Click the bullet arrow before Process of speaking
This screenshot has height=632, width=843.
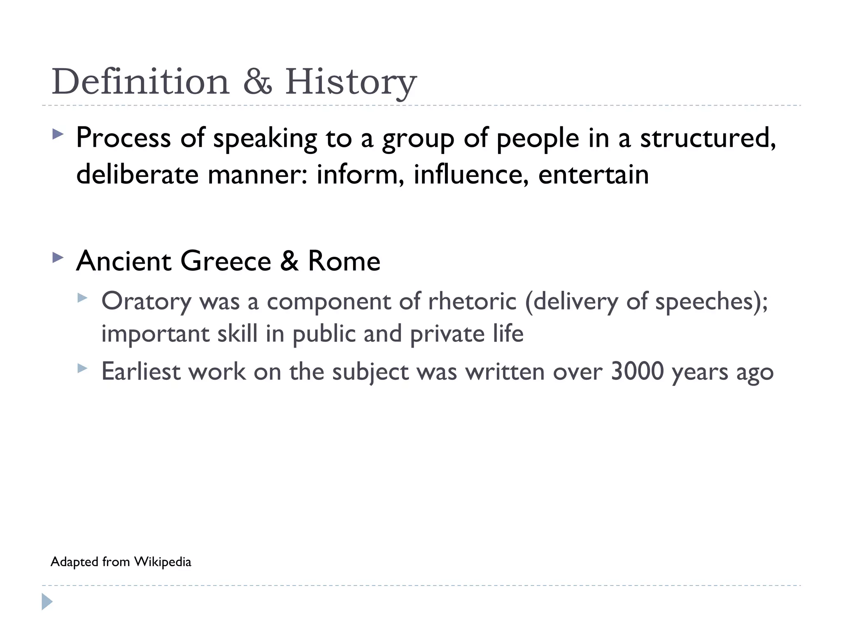tap(58, 134)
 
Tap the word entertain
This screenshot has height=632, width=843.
tap(593, 174)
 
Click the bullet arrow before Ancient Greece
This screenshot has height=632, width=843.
tap(58, 258)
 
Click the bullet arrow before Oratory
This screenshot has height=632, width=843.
tap(82, 297)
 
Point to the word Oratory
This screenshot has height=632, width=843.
tap(146, 302)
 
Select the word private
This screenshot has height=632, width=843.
tap(447, 334)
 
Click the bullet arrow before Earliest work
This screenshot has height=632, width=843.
tap(82, 368)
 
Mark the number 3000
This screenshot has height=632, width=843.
tap(637, 372)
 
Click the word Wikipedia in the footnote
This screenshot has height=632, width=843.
tap(163, 562)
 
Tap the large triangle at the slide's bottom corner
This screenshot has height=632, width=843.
tap(47, 602)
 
